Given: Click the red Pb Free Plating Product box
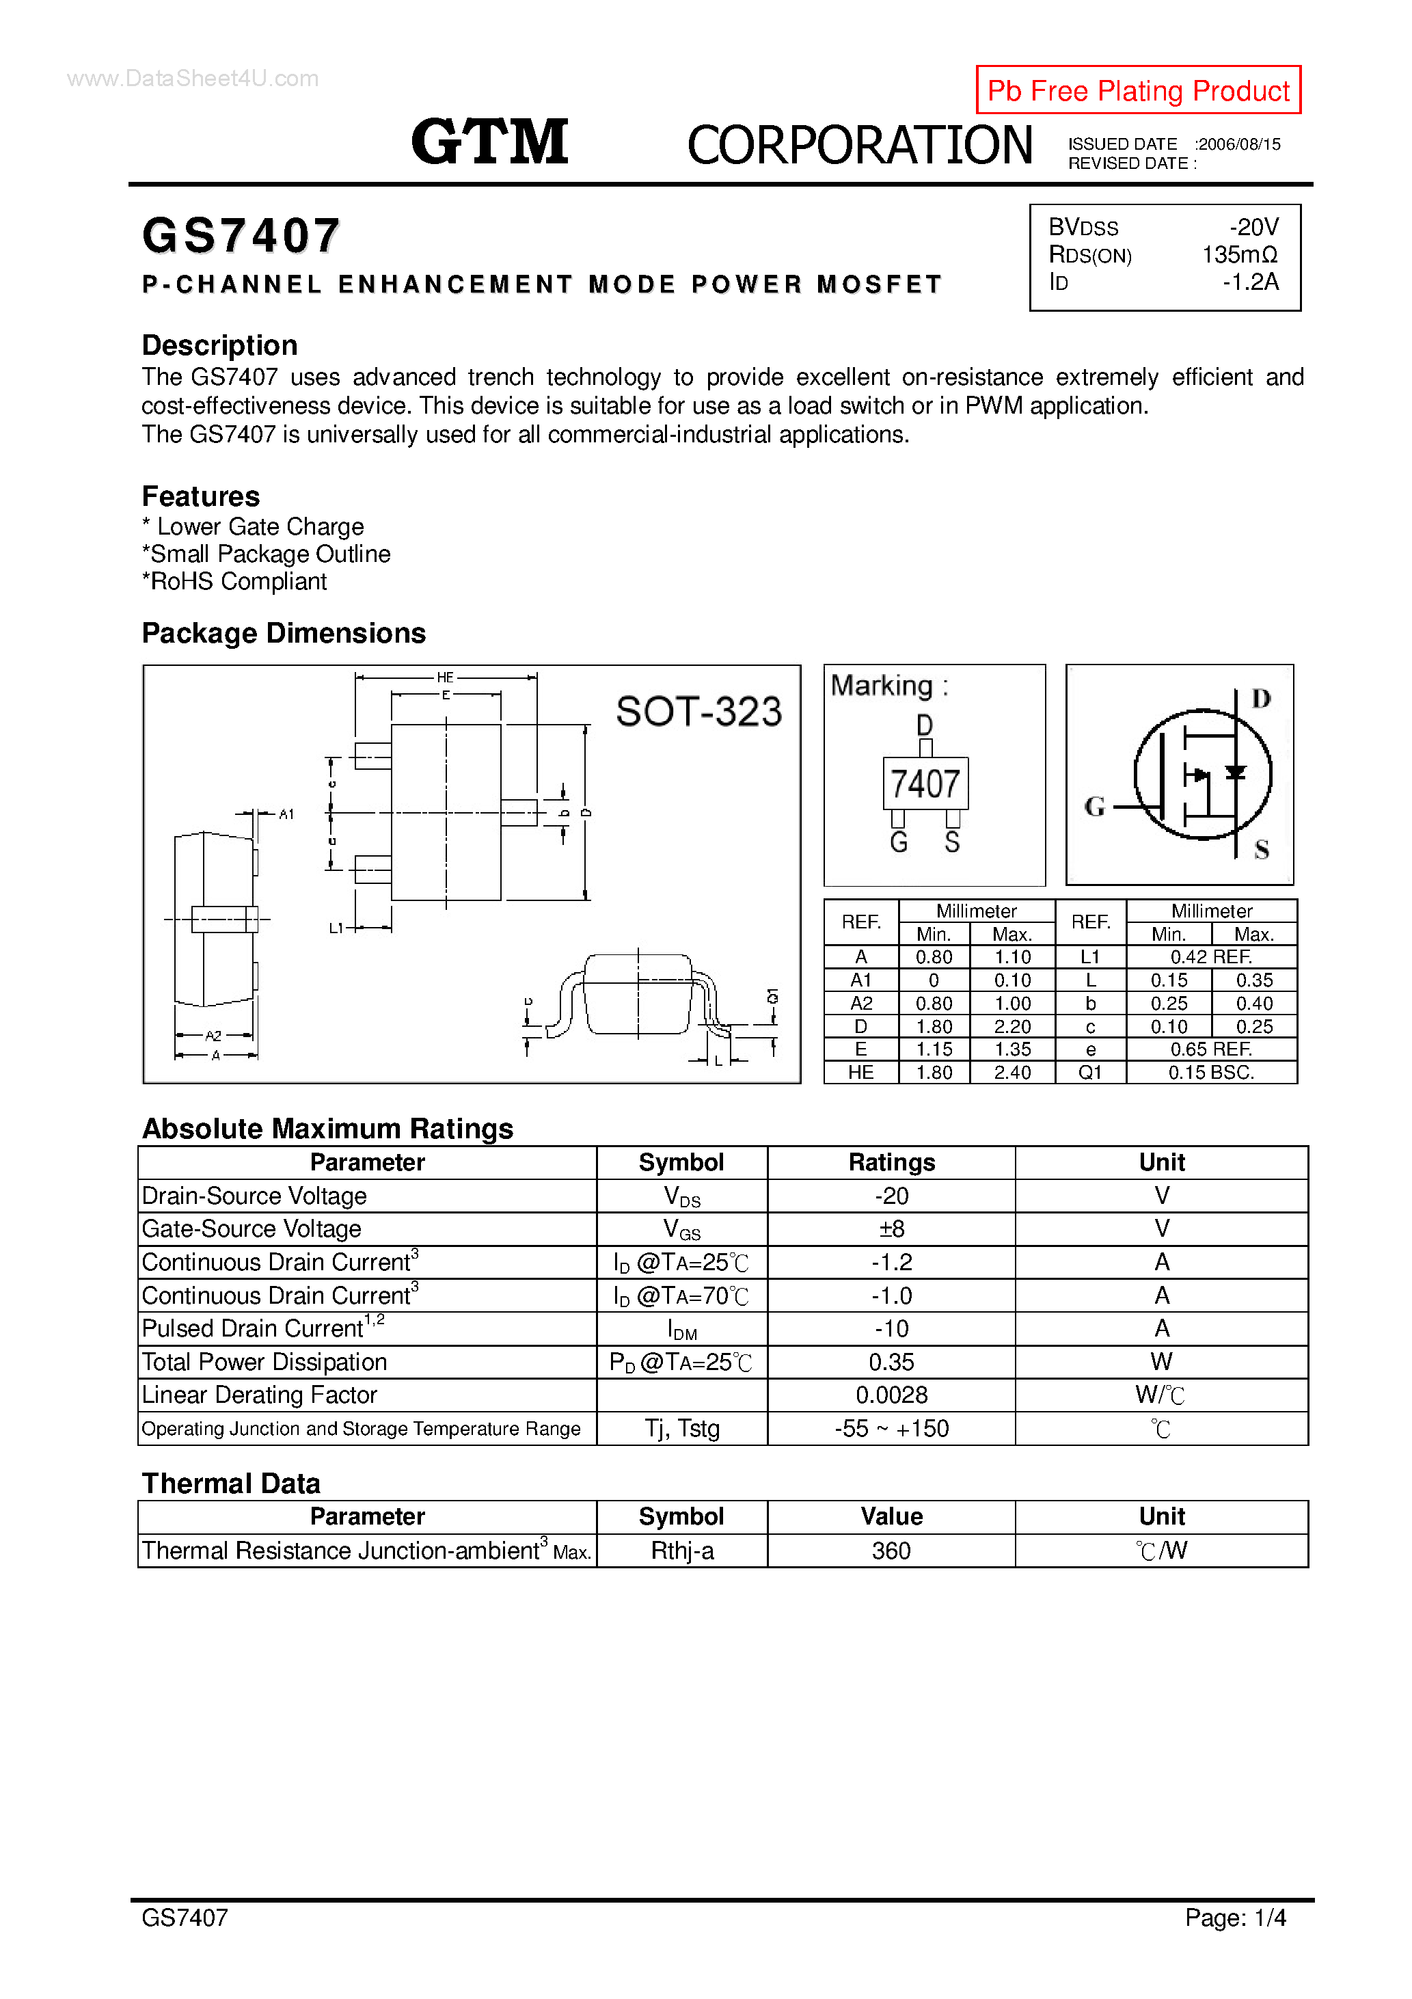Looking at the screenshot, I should click(1138, 90).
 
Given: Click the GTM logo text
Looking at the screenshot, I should click(490, 142).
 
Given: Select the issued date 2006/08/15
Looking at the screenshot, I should click(1239, 144).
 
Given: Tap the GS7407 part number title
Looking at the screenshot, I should click(241, 236).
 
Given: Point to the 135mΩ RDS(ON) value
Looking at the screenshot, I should click(1240, 255).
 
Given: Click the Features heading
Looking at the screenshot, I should click(201, 496).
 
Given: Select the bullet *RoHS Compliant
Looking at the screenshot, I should click(234, 582).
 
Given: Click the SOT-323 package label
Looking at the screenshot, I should click(698, 711).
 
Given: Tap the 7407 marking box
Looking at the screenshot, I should click(925, 783).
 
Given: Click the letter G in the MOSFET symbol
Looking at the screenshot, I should click(1094, 807).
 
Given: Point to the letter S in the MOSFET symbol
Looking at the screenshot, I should click(1262, 850).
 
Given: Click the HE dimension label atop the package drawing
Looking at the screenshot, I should click(445, 677).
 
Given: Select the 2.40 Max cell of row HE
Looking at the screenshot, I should click(1012, 1073).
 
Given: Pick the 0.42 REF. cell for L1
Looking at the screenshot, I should click(1211, 957).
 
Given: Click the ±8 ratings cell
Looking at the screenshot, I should click(891, 1229).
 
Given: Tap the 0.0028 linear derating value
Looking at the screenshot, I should click(891, 1395).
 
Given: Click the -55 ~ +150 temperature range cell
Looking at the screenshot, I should click(891, 1429).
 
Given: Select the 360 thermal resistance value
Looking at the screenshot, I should click(891, 1551).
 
